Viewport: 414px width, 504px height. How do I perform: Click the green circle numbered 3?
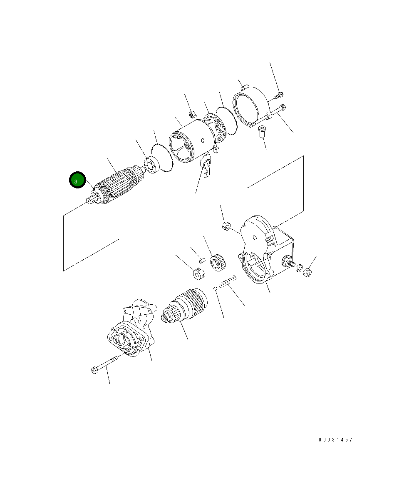pyautogui.click(x=77, y=180)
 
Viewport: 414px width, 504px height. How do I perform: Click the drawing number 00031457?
pyautogui.click(x=335, y=440)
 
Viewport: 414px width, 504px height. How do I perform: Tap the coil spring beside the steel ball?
pyautogui.click(x=228, y=282)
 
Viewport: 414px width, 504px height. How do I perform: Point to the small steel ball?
pyautogui.click(x=215, y=288)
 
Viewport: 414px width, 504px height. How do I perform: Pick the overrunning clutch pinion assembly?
pyautogui.click(x=184, y=306)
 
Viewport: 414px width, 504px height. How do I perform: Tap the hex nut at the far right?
pyautogui.click(x=307, y=272)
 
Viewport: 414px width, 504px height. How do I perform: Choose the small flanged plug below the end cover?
pyautogui.click(x=262, y=131)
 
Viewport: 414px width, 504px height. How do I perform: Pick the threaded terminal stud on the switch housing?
pyautogui.click(x=288, y=263)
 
